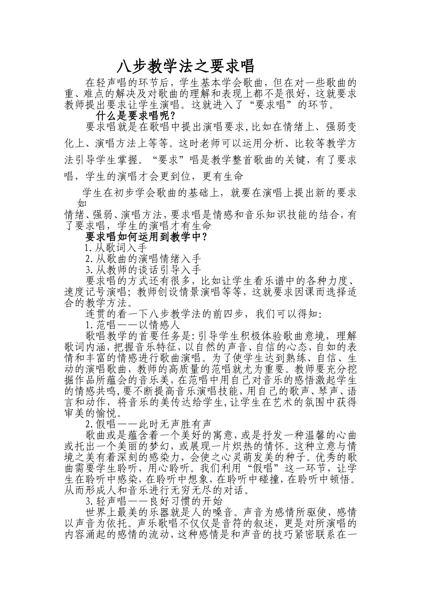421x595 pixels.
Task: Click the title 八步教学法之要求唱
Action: pyautogui.click(x=186, y=66)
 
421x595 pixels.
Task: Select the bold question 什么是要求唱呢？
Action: pyautogui.click(x=136, y=116)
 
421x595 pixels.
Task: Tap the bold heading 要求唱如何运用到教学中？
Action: pyautogui.click(x=147, y=236)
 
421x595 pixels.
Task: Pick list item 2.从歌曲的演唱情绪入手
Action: pyautogui.click(x=143, y=259)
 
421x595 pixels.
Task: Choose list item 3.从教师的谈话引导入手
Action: pyautogui.click(x=143, y=269)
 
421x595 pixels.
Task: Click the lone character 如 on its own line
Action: pyautogui.click(x=82, y=203)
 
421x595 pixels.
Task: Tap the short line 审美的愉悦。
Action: pyautogui.click(x=93, y=413)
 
